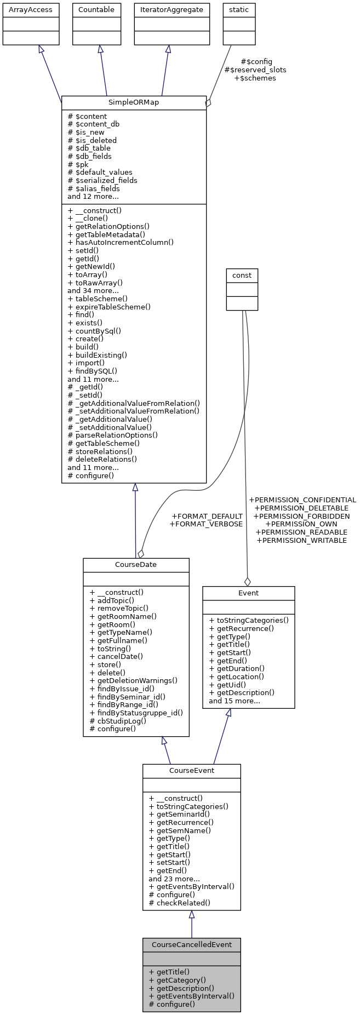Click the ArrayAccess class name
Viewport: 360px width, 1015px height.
pyautogui.click(x=31, y=10)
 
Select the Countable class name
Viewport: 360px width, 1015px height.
pyautogui.click(x=96, y=10)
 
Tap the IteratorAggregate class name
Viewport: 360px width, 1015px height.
pyautogui.click(x=172, y=10)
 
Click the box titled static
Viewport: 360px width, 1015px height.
pyautogui.click(x=239, y=10)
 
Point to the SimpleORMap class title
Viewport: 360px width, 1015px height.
pyautogui.click(x=134, y=102)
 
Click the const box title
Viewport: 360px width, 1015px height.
pyautogui.click(x=242, y=276)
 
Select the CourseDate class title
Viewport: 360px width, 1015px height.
pyautogui.click(x=136, y=565)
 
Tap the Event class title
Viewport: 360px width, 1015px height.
pyautogui.click(x=248, y=593)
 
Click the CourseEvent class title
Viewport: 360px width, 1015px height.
pyautogui.click(x=191, y=770)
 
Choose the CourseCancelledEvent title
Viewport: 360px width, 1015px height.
pyautogui.click(x=191, y=944)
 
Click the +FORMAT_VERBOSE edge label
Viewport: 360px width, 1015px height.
pyautogui.click(x=206, y=524)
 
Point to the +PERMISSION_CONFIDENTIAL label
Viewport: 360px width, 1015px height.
pyautogui.click(x=302, y=500)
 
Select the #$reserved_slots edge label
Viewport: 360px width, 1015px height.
pyautogui.click(x=255, y=70)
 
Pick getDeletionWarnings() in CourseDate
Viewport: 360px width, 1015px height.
pyautogui.click(x=133, y=680)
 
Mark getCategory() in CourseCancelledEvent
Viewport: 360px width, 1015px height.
pyautogui.click(x=177, y=980)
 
